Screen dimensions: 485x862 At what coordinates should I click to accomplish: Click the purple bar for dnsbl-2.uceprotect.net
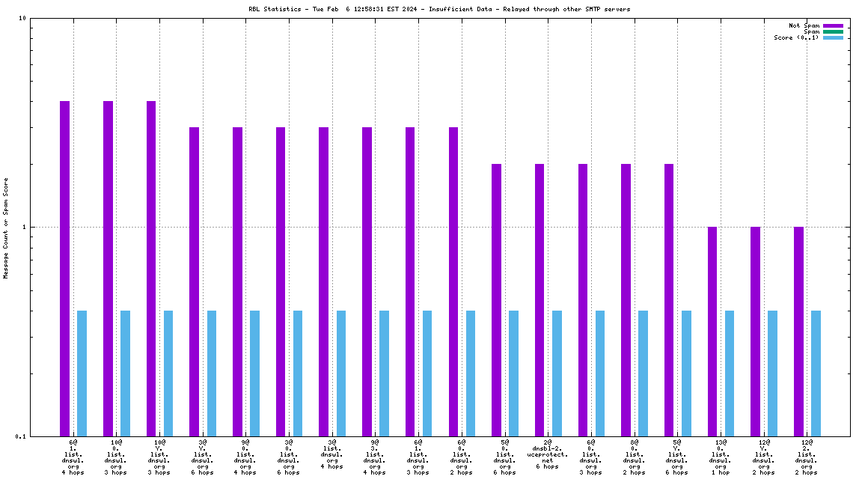[x=539, y=299]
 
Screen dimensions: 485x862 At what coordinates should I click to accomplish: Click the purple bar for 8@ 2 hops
[x=626, y=299]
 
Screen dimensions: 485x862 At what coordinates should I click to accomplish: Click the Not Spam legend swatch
[x=833, y=25]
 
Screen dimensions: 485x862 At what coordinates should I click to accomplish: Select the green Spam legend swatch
[x=833, y=31]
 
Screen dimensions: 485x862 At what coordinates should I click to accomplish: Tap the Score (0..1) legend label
[x=796, y=37]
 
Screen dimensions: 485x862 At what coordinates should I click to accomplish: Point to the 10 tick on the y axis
[x=23, y=19]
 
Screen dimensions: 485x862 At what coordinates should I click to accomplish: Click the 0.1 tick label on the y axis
[x=21, y=436]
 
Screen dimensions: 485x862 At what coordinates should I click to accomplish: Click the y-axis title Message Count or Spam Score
[x=6, y=228]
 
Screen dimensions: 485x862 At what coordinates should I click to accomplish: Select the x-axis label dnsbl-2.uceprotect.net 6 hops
[x=548, y=454]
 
